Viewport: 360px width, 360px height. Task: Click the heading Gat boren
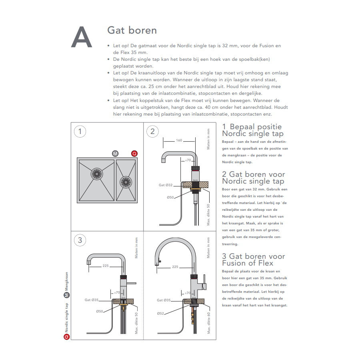(x=132, y=30)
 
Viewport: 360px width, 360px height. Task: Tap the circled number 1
(x=80, y=132)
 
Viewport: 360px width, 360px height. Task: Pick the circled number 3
(x=80, y=240)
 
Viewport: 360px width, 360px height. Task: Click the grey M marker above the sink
(x=115, y=154)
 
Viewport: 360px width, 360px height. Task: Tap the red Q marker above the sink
(x=134, y=154)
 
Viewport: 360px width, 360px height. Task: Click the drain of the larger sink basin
(x=96, y=173)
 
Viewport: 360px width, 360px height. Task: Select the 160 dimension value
(x=179, y=140)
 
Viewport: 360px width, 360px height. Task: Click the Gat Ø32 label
(x=165, y=185)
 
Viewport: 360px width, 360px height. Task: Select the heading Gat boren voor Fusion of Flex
(x=253, y=259)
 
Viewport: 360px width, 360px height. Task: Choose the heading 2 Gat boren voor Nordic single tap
(x=253, y=178)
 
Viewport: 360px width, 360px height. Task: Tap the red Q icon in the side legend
(x=67, y=337)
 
